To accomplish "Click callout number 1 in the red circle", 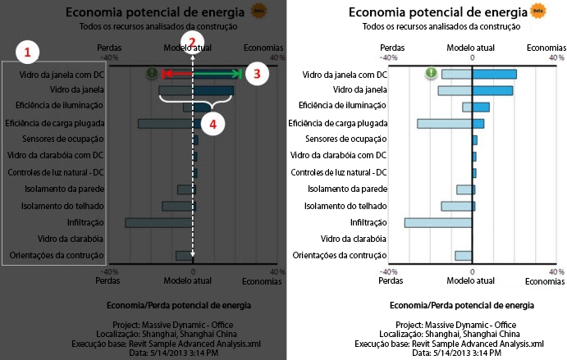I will click(x=28, y=52).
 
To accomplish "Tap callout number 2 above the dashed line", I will click(x=192, y=43).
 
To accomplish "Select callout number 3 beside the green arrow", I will click(x=257, y=73).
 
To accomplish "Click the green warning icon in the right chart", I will click(x=432, y=74).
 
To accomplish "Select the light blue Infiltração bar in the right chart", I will click(x=438, y=222).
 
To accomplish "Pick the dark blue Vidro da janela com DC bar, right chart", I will click(x=494, y=74).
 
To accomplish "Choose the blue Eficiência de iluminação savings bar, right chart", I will click(x=481, y=107).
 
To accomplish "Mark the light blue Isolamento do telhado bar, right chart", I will click(x=456, y=206).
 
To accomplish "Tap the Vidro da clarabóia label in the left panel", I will click(x=69, y=239).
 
